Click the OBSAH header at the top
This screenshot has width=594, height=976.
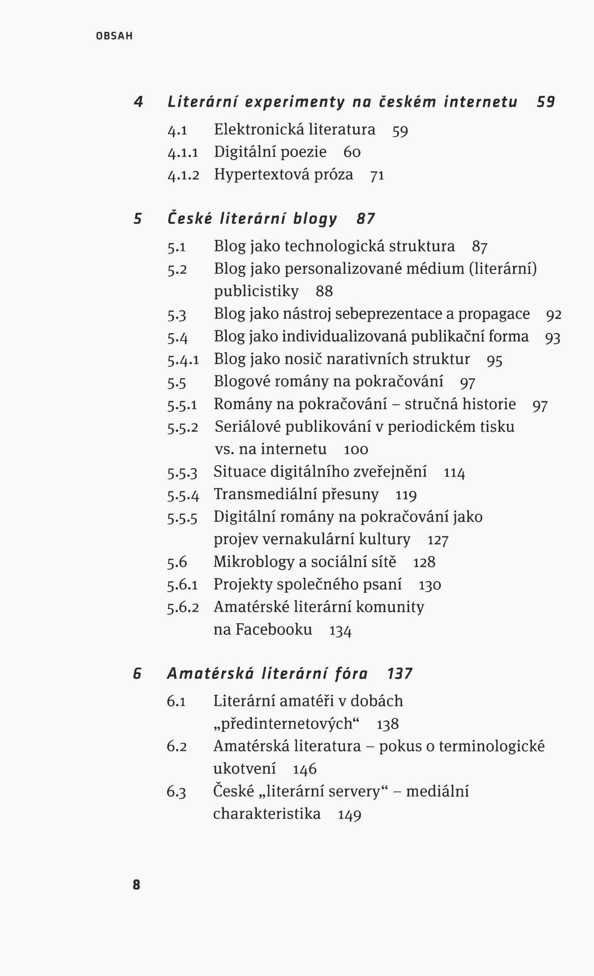[114, 36]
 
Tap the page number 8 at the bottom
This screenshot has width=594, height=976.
[137, 885]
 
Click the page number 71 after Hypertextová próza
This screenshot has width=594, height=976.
[377, 176]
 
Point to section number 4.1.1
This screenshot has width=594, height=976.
[183, 153]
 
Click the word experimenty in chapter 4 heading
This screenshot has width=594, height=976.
[295, 102]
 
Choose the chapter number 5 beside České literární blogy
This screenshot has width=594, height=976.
[138, 218]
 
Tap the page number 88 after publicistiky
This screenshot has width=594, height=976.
[324, 291]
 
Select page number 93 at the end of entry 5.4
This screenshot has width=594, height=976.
[553, 338]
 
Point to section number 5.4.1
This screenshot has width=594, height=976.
[183, 360]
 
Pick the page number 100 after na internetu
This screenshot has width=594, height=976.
[356, 450]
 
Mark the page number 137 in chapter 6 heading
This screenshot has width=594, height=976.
[400, 674]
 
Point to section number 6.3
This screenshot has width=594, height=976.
[176, 792]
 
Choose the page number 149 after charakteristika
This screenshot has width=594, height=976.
[349, 815]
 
